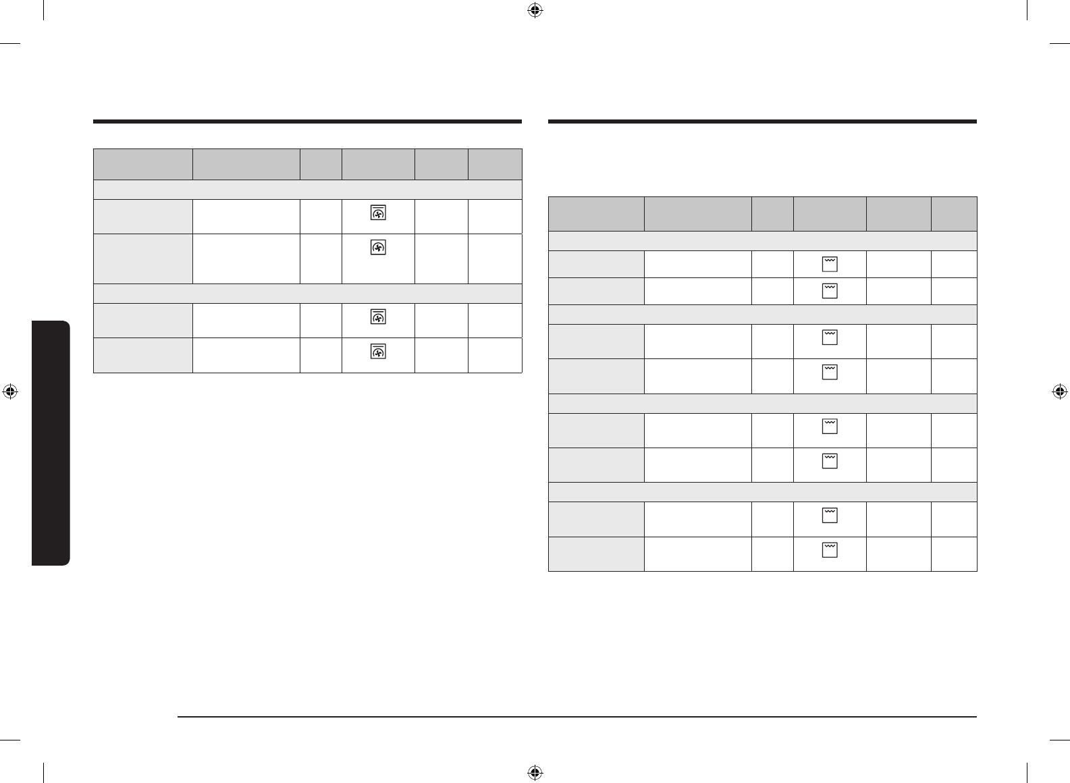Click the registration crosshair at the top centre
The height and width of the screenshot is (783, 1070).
click(x=535, y=10)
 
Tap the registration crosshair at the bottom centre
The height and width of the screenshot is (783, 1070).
click(x=535, y=772)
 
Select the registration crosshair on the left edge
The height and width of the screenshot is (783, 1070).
click(x=10, y=391)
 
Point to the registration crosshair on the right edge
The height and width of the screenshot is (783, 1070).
click(x=1059, y=391)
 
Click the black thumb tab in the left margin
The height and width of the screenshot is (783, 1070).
click(x=51, y=443)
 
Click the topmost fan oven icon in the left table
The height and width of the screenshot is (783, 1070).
click(x=378, y=213)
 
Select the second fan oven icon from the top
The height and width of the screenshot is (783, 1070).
click(x=378, y=248)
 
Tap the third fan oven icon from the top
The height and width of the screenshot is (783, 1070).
click(x=378, y=317)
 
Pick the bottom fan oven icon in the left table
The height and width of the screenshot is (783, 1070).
click(x=378, y=352)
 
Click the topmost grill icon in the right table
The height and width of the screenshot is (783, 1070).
click(x=830, y=264)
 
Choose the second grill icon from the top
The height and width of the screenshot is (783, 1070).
click(x=830, y=291)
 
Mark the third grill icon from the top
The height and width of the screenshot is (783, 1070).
click(x=830, y=337)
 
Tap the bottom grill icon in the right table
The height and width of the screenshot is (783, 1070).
click(x=830, y=550)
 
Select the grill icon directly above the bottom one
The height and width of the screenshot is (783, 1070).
click(x=830, y=516)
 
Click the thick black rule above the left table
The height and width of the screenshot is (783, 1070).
click(x=307, y=122)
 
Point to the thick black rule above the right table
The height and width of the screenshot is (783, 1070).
click(x=762, y=122)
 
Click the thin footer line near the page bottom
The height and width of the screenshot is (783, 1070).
click(x=577, y=717)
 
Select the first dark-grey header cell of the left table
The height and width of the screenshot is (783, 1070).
click(x=142, y=164)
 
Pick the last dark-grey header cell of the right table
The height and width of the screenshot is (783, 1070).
click(x=954, y=214)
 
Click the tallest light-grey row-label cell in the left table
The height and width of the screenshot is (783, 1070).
click(x=142, y=259)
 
